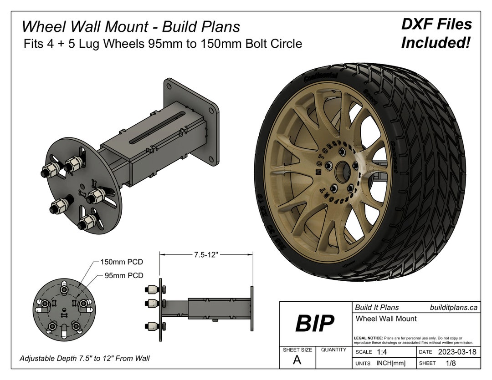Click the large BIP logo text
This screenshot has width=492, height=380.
tap(314, 324)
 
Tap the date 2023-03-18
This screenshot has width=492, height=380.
tap(457, 352)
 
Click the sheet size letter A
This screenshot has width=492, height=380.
tap(297, 360)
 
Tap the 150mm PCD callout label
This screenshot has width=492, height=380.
tap(122, 262)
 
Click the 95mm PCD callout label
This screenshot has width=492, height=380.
tap(124, 275)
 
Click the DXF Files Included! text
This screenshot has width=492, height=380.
tap(436, 34)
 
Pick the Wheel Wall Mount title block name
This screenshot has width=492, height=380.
tap(385, 319)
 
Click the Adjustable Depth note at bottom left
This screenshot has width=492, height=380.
tap(85, 359)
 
